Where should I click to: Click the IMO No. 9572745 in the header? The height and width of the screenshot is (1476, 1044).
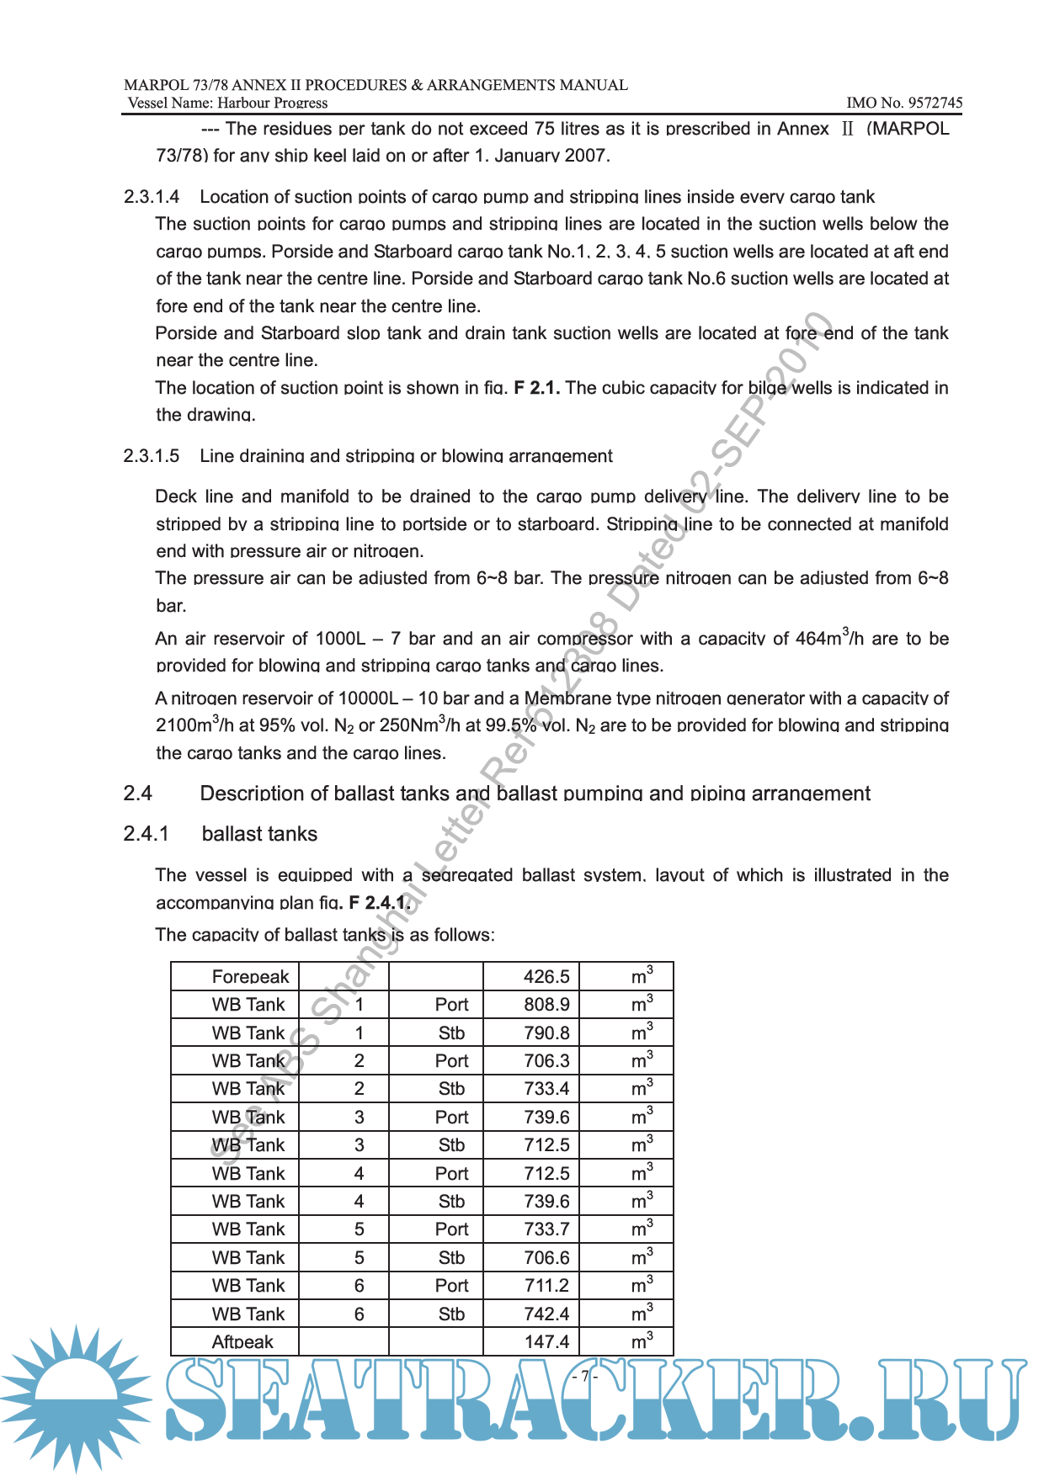(904, 103)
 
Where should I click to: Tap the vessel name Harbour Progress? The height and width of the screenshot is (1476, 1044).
(272, 103)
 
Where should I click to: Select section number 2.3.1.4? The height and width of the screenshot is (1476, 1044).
(152, 197)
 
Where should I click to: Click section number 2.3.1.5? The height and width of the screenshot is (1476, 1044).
(152, 456)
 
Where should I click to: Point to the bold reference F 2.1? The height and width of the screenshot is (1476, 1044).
(536, 388)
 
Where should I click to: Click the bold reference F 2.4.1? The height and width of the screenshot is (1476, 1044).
(380, 902)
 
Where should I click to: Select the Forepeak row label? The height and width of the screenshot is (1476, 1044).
(250, 977)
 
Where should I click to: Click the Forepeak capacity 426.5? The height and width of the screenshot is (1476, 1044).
(546, 977)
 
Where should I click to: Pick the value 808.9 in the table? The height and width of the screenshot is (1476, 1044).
(546, 1005)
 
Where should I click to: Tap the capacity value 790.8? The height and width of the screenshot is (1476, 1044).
(546, 1033)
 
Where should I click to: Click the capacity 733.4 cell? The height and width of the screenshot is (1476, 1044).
(546, 1089)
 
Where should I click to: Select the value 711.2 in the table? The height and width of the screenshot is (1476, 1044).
(546, 1286)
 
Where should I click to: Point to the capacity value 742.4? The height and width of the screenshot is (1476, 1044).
(546, 1314)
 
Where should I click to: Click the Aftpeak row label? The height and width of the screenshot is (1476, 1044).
(242, 1342)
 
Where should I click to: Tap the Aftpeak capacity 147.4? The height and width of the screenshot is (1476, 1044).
(546, 1342)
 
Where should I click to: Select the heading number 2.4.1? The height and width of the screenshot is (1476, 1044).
(146, 834)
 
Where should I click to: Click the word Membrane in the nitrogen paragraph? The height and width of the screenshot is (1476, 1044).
(567, 698)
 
